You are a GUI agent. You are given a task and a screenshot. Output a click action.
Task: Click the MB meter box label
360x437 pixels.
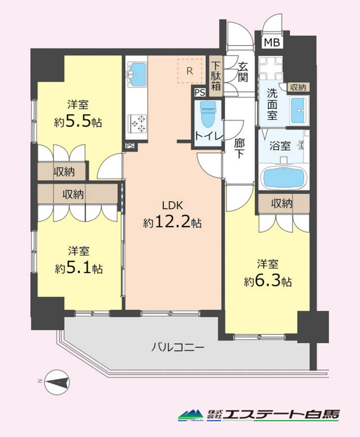[x=272, y=42]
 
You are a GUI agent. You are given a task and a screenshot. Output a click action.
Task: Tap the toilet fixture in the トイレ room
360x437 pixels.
[x=208, y=113]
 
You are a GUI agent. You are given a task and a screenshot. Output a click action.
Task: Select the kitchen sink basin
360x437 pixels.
[x=136, y=74]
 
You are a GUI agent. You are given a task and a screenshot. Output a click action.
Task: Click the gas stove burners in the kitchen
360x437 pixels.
[x=137, y=124]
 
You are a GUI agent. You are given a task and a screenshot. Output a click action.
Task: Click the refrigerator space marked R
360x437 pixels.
[x=190, y=71]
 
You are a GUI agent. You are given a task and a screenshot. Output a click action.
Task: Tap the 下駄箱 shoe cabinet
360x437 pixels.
[x=216, y=76]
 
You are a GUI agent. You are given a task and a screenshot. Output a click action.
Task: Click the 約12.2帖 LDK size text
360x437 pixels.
[x=172, y=222]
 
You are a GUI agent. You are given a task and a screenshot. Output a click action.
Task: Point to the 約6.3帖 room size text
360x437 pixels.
[x=268, y=281]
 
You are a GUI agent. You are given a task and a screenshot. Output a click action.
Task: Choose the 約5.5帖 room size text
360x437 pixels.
[x=78, y=122]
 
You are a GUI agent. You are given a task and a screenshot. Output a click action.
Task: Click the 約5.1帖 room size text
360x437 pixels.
[x=79, y=268]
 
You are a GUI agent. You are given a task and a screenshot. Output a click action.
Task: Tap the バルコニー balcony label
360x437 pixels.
[x=178, y=347]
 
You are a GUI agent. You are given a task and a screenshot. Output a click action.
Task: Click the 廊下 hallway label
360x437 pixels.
[x=239, y=149]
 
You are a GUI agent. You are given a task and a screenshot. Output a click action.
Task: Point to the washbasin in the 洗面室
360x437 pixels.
[x=299, y=111]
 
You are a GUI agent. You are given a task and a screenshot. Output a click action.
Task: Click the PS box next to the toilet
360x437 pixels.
[x=200, y=93]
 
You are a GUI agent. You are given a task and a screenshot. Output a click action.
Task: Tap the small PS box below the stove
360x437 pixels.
[x=130, y=146]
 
